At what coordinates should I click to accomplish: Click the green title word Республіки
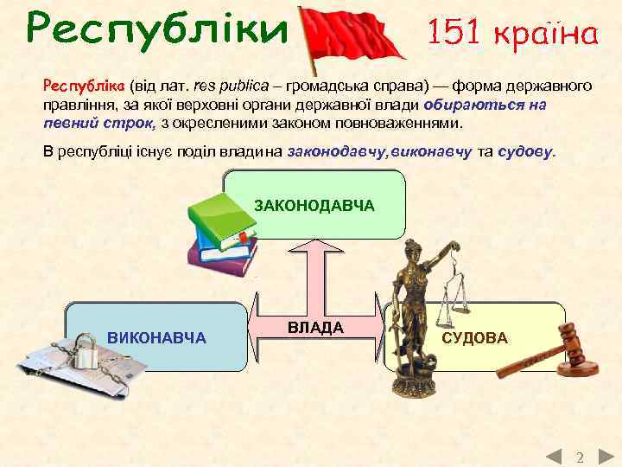pos(155,31)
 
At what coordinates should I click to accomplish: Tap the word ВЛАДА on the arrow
pos(315,328)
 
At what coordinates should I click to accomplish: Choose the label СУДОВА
pos(474,337)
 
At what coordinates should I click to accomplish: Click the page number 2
pos(580,456)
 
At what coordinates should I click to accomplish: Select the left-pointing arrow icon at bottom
pos(554,455)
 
